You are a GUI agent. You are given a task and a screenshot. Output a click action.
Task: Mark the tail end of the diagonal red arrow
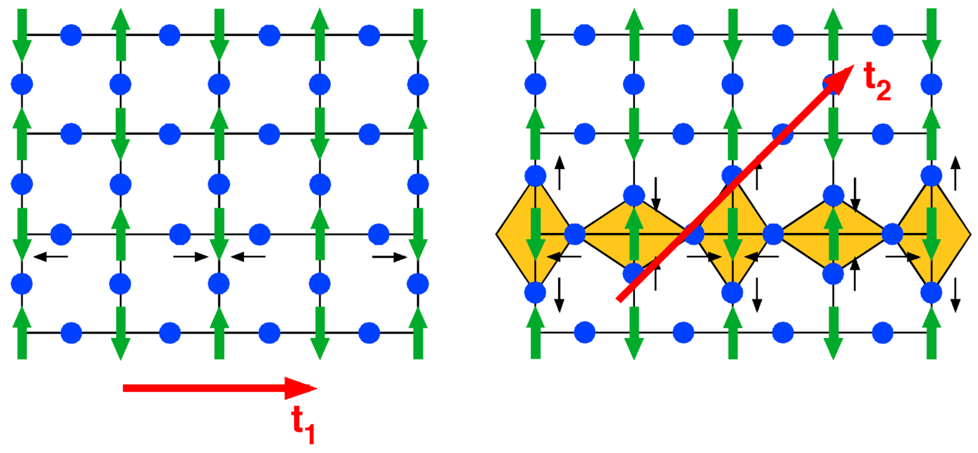pos(619,299)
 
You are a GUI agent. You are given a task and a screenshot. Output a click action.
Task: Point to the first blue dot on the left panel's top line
pos(71,35)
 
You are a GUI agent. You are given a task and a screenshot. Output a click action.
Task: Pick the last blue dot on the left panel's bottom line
pos(369,333)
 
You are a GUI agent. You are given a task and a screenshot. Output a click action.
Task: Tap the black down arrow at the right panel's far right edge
pos(955,295)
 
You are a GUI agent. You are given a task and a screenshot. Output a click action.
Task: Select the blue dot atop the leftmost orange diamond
pos(535,176)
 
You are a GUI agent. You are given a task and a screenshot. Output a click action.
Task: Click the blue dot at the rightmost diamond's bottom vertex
pos(931,292)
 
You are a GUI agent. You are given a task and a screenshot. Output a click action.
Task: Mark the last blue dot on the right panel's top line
pos(883,35)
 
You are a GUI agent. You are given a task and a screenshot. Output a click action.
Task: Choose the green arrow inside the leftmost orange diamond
pos(535,238)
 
